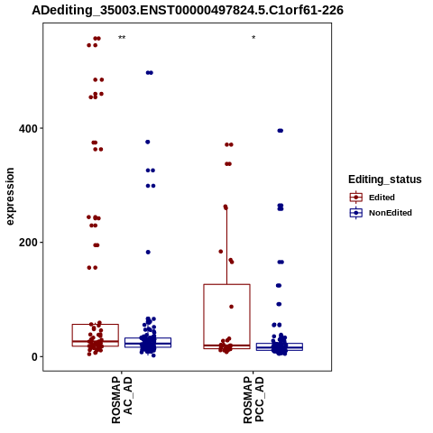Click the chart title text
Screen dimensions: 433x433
click(188, 10)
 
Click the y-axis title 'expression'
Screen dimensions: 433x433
click(10, 197)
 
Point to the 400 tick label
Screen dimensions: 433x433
click(28, 129)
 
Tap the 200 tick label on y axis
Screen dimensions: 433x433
click(28, 243)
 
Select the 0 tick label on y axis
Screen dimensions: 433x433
click(34, 357)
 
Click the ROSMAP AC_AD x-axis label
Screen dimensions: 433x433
click(122, 400)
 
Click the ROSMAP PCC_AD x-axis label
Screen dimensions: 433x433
click(253, 400)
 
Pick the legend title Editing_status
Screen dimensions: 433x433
click(385, 180)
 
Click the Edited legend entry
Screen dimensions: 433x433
click(373, 198)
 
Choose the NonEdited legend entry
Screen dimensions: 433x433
click(381, 213)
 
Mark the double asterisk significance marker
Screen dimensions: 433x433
click(122, 38)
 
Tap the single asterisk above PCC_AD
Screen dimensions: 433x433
click(253, 38)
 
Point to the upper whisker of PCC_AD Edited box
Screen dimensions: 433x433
click(226, 245)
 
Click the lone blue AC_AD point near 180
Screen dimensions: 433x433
click(148, 252)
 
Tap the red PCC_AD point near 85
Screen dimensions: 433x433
click(231, 307)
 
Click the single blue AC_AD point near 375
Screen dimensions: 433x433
click(148, 142)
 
